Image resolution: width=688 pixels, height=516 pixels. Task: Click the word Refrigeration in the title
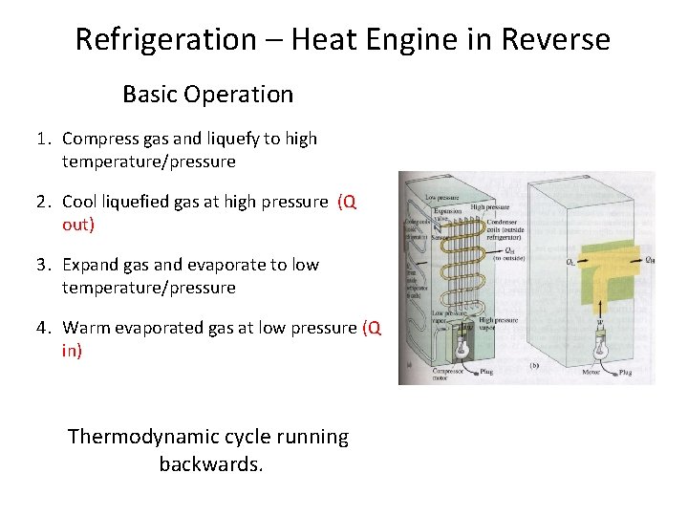tap(165, 40)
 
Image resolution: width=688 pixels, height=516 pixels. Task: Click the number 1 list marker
tap(43, 139)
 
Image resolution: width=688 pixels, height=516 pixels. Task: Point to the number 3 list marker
tap(43, 265)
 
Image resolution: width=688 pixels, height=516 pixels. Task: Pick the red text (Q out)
tap(346, 213)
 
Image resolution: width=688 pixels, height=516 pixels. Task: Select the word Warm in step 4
tap(87, 328)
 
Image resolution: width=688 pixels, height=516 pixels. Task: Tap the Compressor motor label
tap(446, 375)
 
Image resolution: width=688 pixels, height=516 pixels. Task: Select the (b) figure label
tap(535, 365)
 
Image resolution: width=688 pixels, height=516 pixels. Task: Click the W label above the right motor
tap(600, 323)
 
